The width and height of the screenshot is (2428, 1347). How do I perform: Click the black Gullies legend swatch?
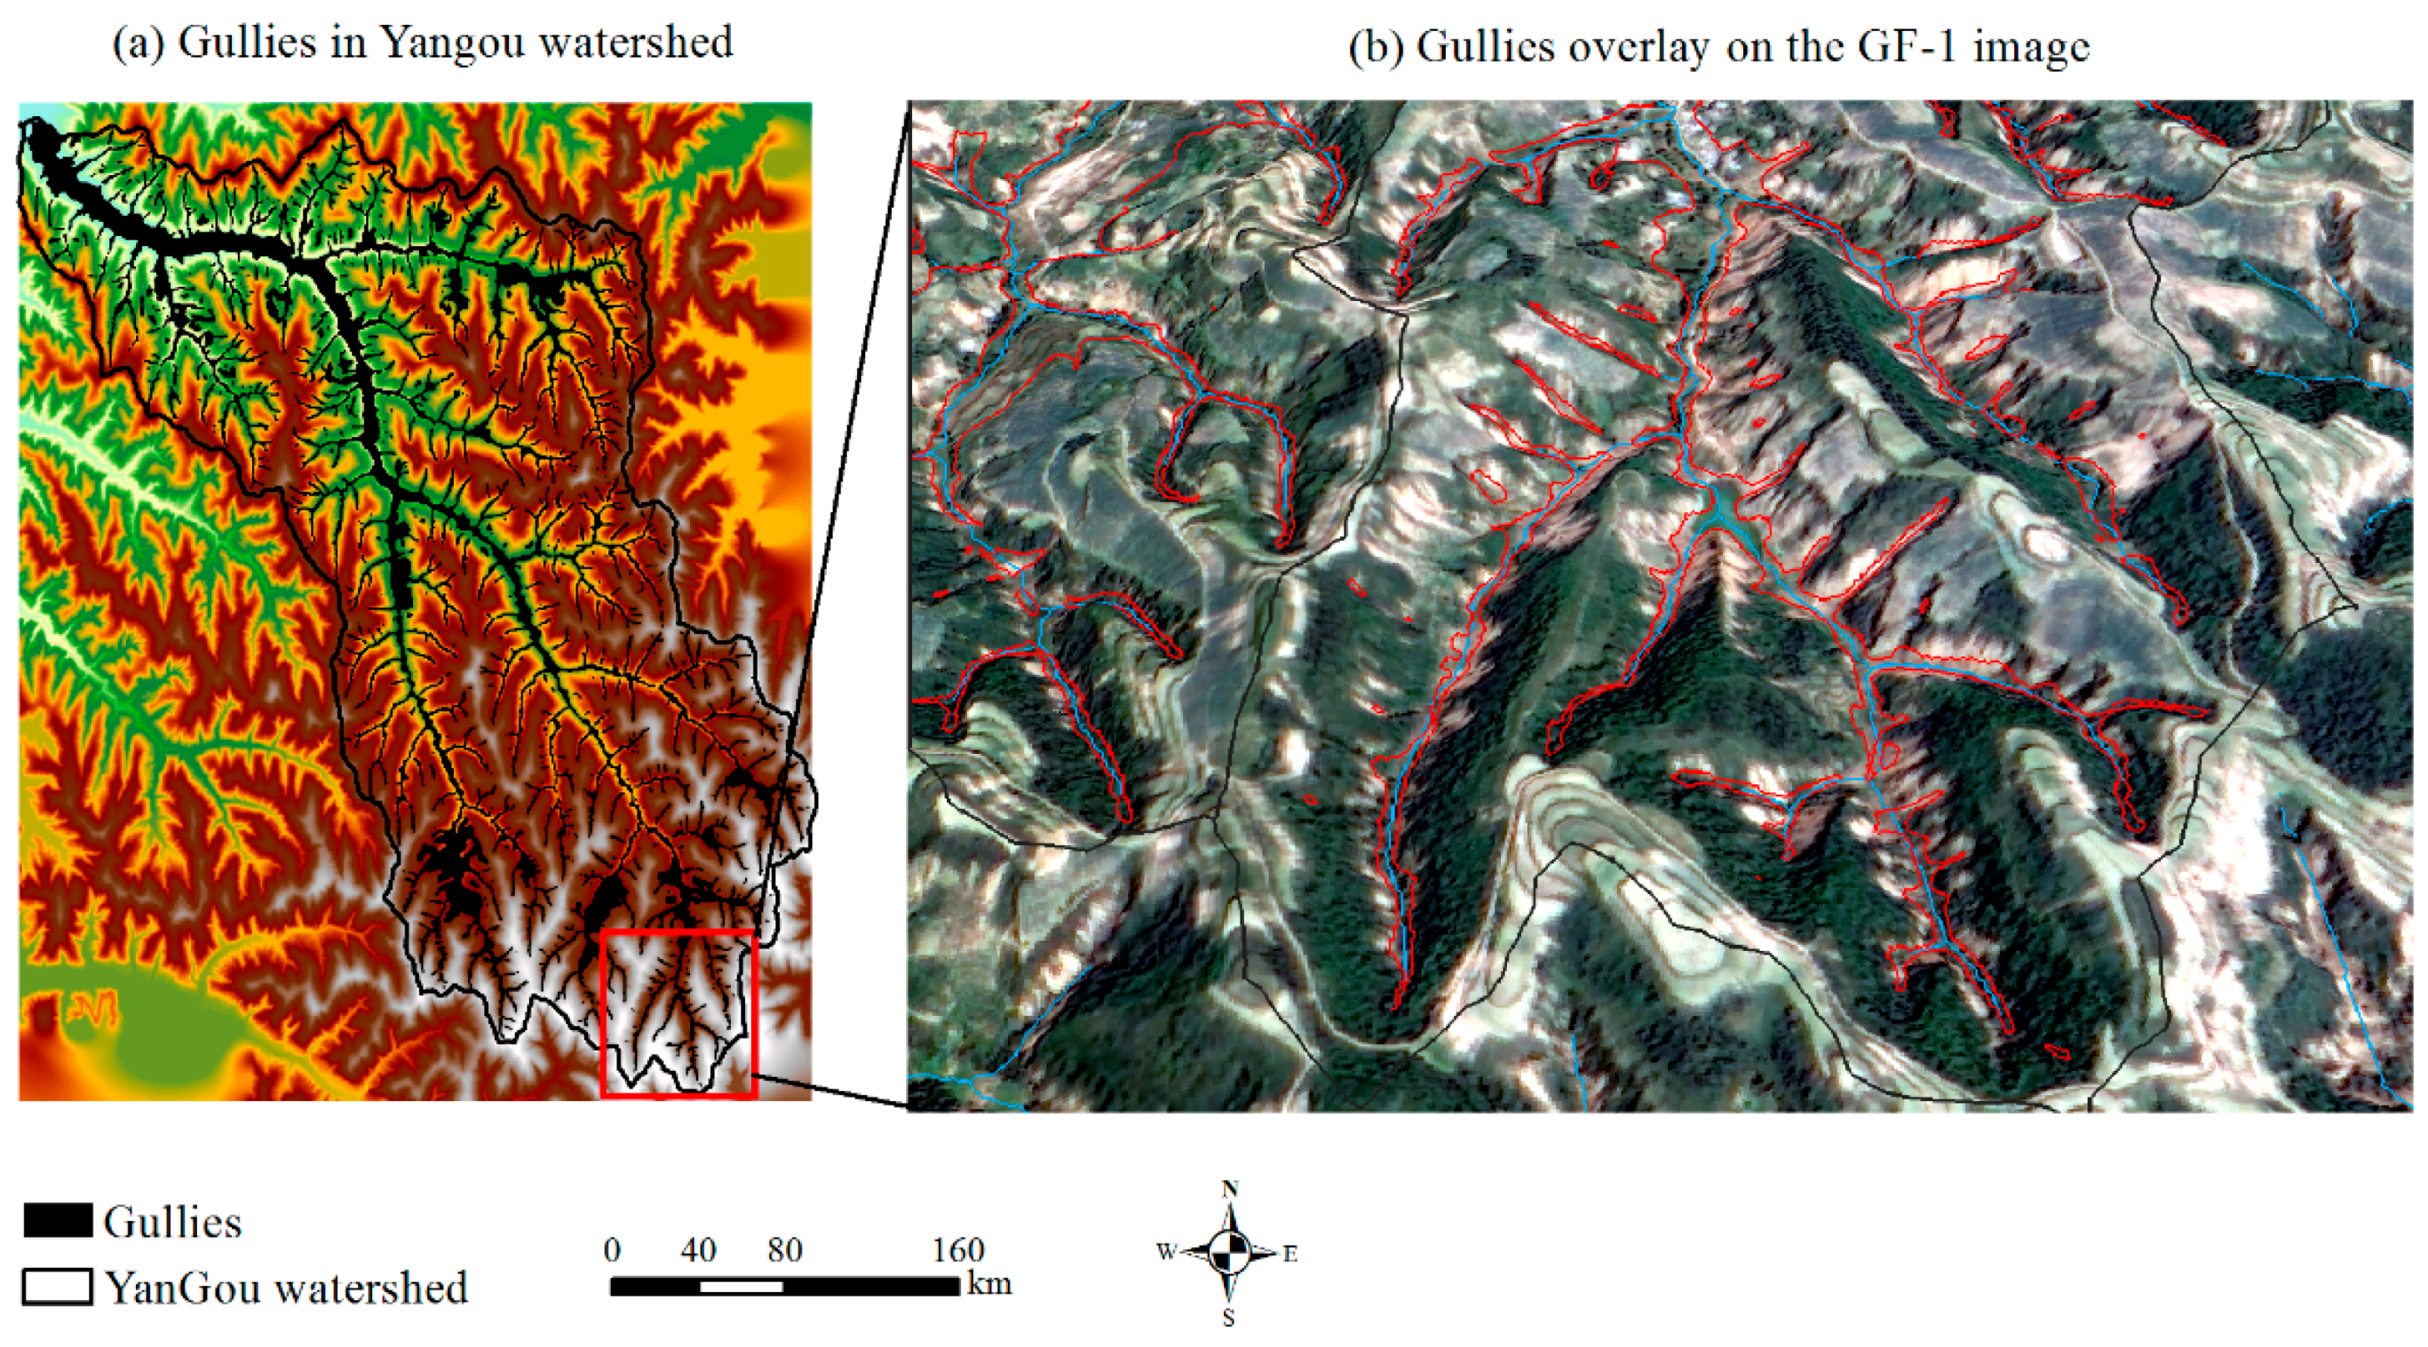point(58,1220)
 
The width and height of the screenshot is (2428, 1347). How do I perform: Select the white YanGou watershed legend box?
point(58,1287)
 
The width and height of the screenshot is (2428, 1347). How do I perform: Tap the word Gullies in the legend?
point(172,1222)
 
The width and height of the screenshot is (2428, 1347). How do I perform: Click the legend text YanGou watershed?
point(286,1288)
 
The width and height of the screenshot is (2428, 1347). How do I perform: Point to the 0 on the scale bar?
point(613,1250)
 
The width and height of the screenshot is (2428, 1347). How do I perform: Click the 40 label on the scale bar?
point(698,1250)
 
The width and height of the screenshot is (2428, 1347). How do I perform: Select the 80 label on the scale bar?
point(785,1250)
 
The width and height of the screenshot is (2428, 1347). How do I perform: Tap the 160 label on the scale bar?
point(957,1250)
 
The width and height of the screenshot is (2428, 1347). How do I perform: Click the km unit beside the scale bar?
point(988,1284)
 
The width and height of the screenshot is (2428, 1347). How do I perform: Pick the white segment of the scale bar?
point(742,1287)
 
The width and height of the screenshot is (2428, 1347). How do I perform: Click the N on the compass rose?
point(1229,1190)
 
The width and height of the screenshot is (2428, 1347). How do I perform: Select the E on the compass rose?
point(1290,1254)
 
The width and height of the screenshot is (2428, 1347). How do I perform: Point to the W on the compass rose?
point(1166,1253)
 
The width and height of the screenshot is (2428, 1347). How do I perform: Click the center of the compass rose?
point(1229,1253)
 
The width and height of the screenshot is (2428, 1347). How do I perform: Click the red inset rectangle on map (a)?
point(678,1013)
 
